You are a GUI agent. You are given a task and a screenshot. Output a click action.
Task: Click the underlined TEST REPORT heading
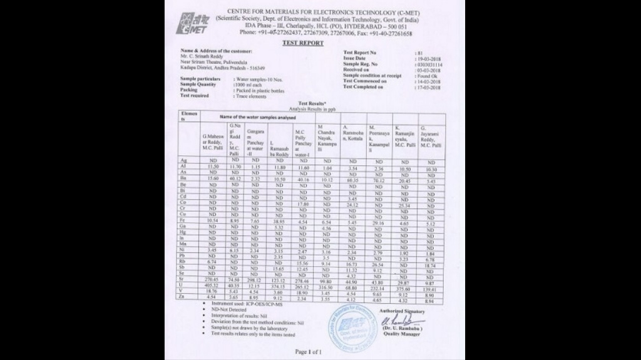303,43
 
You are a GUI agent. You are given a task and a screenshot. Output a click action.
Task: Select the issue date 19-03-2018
429,58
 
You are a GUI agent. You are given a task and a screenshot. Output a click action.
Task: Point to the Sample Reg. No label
361,64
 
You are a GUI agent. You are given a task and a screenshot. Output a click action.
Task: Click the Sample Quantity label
198,85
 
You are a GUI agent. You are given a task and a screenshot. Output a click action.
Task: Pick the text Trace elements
250,96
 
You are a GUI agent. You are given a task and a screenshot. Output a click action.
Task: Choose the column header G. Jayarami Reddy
431,136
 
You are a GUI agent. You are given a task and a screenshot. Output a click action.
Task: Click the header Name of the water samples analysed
257,117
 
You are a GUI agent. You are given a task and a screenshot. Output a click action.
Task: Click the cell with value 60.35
353,179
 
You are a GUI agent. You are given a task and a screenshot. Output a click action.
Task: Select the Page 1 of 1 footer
309,352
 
